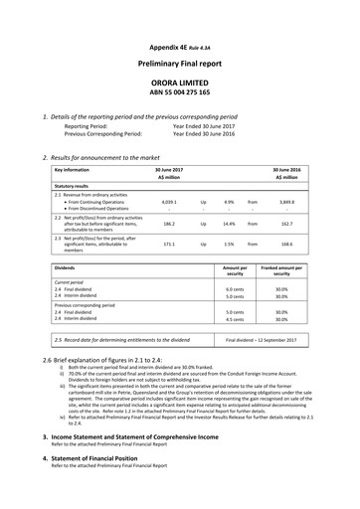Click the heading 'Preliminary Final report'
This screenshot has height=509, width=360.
[x=179, y=62]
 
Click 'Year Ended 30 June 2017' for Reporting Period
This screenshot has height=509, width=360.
[x=207, y=127]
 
